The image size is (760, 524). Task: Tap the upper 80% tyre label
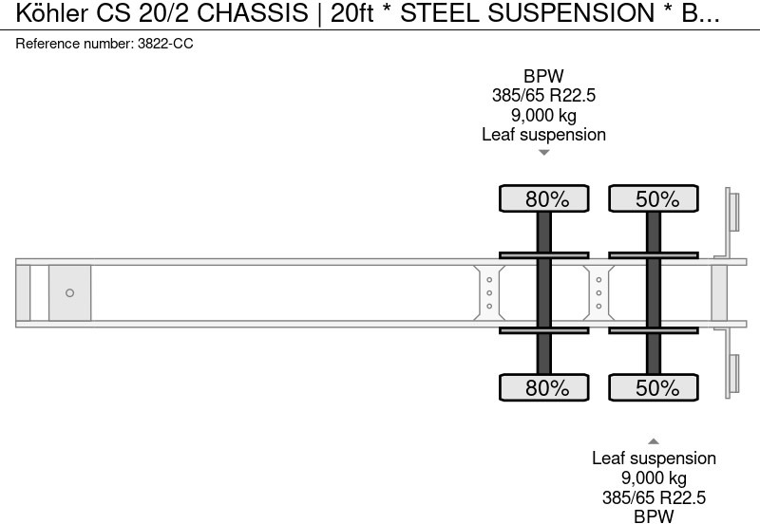tap(547, 199)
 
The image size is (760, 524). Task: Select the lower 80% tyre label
tap(547, 387)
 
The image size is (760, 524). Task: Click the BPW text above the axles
tap(543, 77)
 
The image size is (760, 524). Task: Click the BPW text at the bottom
tap(654, 516)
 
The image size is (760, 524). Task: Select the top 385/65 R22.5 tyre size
tap(543, 96)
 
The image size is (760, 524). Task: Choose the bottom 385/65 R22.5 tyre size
tap(654, 497)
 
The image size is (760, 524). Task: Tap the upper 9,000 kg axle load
tap(543, 115)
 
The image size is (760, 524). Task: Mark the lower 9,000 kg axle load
tap(654, 478)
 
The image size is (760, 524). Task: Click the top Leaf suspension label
tap(543, 134)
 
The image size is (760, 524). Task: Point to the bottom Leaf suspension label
tap(654, 458)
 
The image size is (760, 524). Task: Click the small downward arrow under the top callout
tap(543, 153)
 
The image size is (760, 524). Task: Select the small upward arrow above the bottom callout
tap(654, 440)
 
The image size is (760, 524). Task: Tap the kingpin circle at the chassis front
tap(69, 292)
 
